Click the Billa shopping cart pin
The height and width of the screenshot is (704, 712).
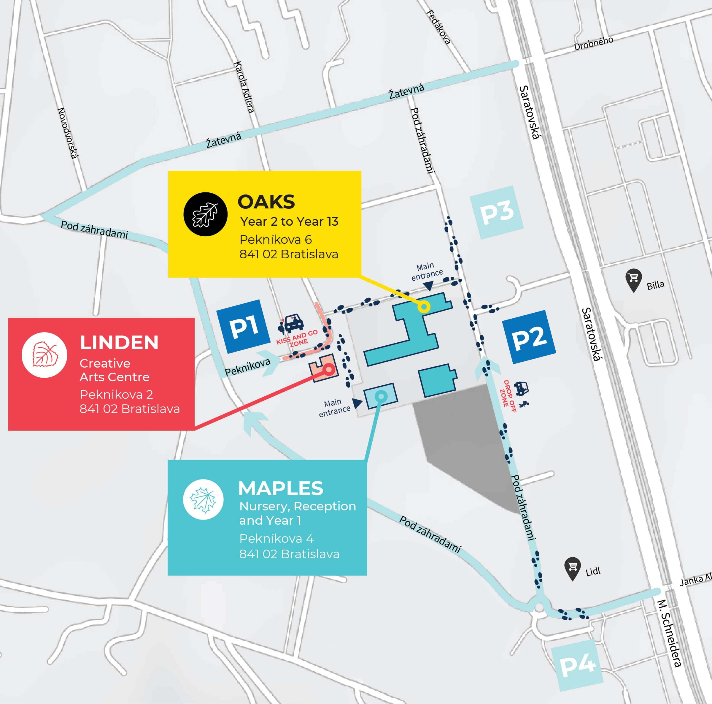[633, 280]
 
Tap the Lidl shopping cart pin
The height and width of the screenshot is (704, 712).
[572, 568]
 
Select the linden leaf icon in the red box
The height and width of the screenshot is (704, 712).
[44, 355]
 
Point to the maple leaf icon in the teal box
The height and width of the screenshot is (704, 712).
[203, 499]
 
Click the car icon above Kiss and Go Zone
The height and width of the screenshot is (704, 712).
[292, 323]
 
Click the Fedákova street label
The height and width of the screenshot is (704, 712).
[438, 27]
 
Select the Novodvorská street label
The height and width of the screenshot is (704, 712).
[68, 133]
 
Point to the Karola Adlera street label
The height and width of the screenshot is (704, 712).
[244, 87]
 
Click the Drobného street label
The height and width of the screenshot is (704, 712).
[593, 43]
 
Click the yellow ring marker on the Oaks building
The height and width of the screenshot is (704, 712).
[424, 307]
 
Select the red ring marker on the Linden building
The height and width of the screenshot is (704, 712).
[328, 369]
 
